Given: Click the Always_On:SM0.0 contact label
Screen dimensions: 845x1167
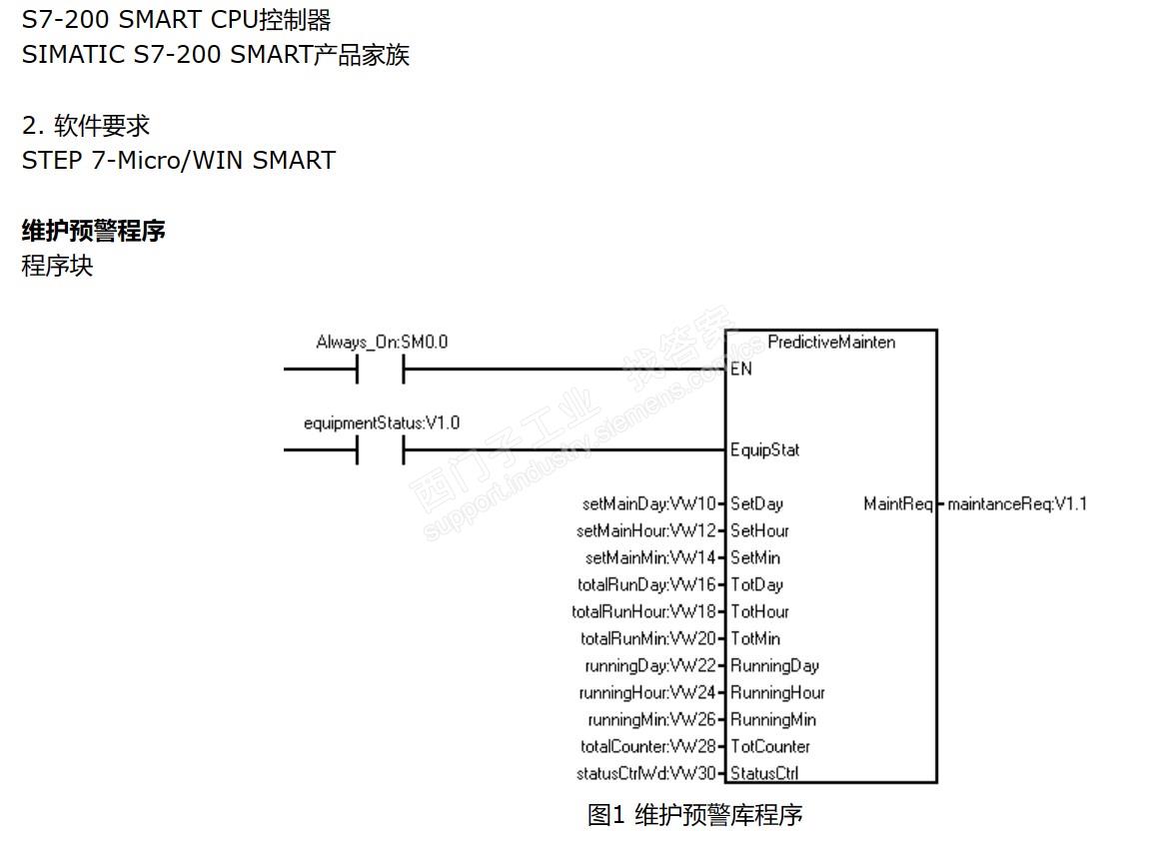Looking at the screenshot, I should point(382,343).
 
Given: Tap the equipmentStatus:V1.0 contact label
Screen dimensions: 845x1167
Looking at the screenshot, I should point(382,423).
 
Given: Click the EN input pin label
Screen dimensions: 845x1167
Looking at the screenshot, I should point(741,370).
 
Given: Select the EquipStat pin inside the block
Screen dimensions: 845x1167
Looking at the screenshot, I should point(764,450).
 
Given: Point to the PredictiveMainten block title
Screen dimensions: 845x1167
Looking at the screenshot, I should point(831,343).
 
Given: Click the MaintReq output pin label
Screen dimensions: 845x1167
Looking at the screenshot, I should point(897,504).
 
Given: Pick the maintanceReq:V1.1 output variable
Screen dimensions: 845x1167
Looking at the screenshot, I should point(1017,504).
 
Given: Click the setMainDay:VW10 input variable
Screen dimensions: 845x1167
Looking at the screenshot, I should point(649,504).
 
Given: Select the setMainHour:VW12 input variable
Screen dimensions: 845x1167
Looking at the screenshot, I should point(646,531).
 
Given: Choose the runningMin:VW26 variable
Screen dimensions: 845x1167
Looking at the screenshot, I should point(652,720).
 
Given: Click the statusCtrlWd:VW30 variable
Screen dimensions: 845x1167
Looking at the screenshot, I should point(646,774).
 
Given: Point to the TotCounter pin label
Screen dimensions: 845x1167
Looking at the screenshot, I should point(770,747).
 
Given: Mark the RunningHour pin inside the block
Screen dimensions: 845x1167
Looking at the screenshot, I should point(777,693).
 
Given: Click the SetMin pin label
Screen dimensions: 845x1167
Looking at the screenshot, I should point(755,558).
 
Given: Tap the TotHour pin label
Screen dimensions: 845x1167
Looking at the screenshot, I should point(759,612).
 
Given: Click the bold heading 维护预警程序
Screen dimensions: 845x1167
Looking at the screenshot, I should point(94,232).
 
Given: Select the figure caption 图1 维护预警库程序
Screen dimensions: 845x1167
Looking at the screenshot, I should point(694,815).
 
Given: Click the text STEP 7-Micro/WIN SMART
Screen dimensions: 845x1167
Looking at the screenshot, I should point(179,161).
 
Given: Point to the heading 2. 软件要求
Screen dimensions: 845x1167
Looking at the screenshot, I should point(86,126).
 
